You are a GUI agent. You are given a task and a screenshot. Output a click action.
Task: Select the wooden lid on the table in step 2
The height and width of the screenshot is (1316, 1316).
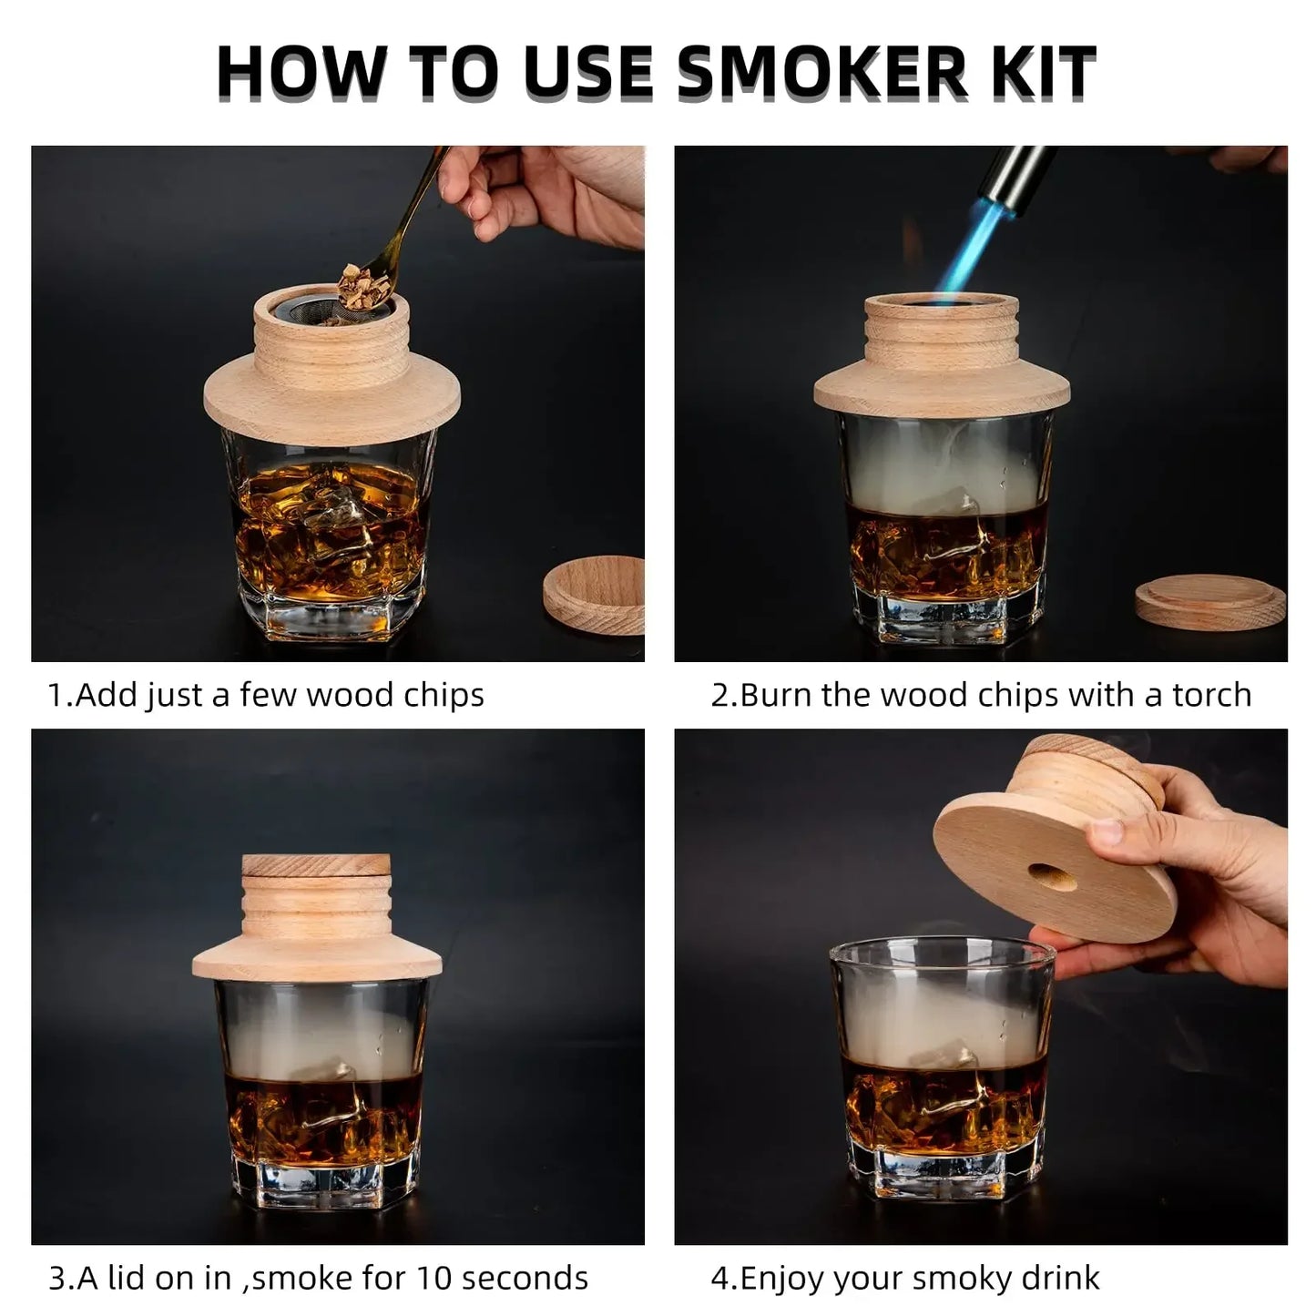click(x=1209, y=602)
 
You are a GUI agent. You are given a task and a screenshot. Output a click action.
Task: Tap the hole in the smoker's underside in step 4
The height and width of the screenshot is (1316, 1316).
click(x=1051, y=876)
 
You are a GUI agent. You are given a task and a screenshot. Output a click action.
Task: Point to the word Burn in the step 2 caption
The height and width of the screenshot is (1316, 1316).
click(x=775, y=695)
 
